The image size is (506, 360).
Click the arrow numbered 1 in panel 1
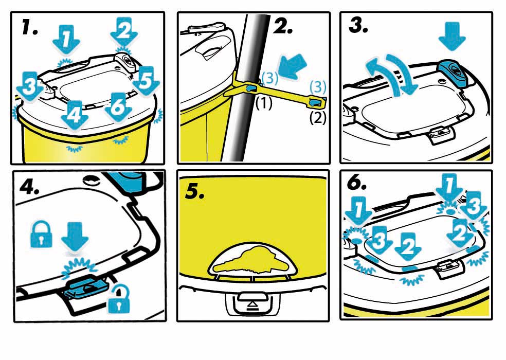click(66, 40)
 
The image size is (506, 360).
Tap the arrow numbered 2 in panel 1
click(124, 32)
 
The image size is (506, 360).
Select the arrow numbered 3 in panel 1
click(30, 86)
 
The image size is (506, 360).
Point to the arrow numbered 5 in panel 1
click(146, 81)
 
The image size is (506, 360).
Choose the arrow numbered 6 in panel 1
click(118, 107)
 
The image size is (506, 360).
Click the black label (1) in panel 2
click(264, 103)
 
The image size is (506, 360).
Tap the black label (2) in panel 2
click(318, 118)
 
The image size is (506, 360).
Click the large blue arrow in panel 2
click(293, 66)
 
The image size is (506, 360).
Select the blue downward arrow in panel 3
click(452, 36)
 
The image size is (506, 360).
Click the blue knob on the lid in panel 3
click(453, 74)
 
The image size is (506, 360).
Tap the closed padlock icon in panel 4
click(41, 234)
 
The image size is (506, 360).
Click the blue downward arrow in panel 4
click(75, 237)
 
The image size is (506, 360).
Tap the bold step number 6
click(356, 183)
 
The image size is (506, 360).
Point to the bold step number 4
click(29, 186)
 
